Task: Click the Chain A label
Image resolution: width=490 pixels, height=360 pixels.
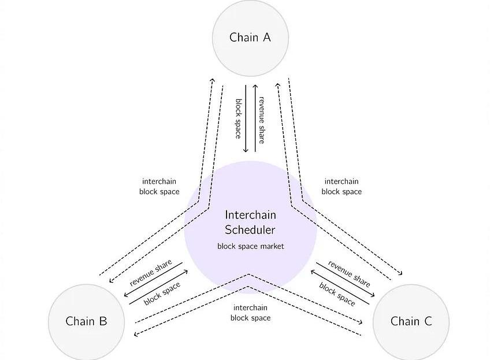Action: (x=250, y=38)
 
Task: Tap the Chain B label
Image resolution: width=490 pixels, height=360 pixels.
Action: (x=86, y=321)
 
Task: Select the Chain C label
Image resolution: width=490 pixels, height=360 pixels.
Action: (x=411, y=321)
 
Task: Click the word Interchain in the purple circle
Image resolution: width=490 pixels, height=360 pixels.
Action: (x=250, y=215)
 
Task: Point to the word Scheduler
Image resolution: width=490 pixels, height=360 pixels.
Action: (x=250, y=229)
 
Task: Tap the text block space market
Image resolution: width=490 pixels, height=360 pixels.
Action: (x=250, y=246)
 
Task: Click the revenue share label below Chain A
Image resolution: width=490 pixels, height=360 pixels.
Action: (x=262, y=120)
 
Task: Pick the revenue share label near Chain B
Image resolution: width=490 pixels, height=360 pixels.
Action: (x=151, y=272)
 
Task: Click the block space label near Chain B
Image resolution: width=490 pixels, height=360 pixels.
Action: (x=162, y=293)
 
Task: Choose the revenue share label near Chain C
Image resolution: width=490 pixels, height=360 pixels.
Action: (x=349, y=273)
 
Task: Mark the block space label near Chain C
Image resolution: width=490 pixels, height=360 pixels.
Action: (x=337, y=293)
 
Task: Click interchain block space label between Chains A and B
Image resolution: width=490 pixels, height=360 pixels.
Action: (x=159, y=186)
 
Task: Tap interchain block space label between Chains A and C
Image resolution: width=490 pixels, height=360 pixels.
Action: (x=341, y=186)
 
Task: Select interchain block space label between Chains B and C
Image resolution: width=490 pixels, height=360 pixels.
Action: (x=250, y=313)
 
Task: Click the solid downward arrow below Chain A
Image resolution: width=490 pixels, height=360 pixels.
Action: (x=246, y=118)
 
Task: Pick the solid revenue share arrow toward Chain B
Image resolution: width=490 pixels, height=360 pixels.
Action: (x=154, y=280)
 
